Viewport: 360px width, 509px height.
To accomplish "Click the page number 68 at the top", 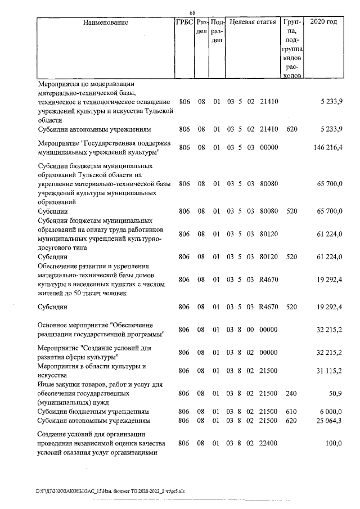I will pyautogui.click(x=192, y=13).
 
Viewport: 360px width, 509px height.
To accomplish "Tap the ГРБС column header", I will pyautogui.click(x=184, y=23).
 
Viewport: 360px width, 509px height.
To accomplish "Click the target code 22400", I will pyautogui.click(x=269, y=444).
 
